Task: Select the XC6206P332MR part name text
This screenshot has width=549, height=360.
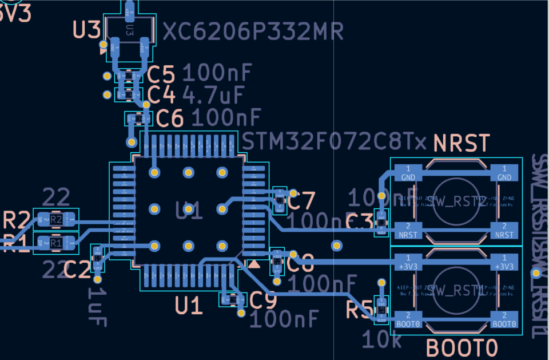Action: pos(253,31)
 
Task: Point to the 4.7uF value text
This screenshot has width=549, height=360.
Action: pos(213,93)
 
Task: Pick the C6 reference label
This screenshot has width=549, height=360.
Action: pos(170,118)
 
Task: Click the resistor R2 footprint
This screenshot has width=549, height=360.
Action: pos(55,219)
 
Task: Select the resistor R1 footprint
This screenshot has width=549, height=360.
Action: pos(55,243)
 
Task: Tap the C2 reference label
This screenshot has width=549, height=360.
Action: pos(77,269)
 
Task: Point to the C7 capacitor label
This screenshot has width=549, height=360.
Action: pos(301,201)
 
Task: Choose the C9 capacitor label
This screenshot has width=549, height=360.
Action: pos(263,299)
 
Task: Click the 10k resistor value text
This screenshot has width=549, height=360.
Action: pos(381,340)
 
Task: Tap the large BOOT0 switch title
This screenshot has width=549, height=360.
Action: pos(462,347)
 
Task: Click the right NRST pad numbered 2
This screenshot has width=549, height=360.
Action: pos(504,231)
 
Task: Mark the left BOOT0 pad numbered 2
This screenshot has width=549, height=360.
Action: pos(408,319)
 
